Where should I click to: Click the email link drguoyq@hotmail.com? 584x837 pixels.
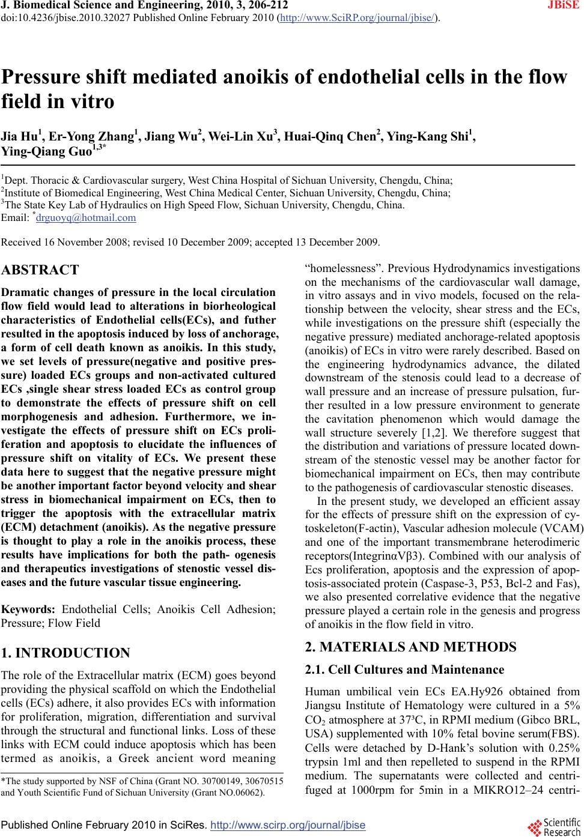[86, 218]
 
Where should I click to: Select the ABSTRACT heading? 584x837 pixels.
[40, 270]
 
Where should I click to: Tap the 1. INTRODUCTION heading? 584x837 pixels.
[66, 653]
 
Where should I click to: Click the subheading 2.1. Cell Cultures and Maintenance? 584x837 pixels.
[404, 669]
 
